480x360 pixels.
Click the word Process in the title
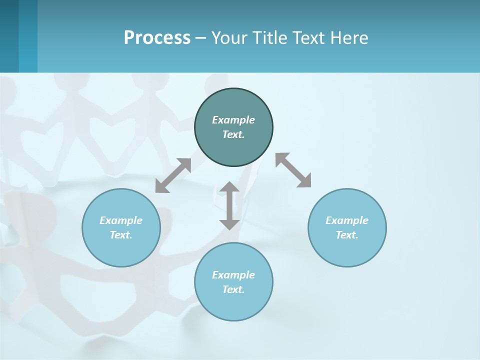click(x=157, y=38)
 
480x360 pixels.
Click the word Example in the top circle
click(x=233, y=120)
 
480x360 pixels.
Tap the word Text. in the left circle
click(x=121, y=235)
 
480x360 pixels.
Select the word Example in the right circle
click(x=347, y=220)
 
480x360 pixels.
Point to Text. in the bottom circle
click(x=233, y=289)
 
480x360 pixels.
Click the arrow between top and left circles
click(x=173, y=175)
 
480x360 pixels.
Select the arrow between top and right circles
click(x=293, y=170)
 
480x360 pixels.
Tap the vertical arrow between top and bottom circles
click(x=229, y=205)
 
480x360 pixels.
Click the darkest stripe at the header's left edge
click(x=9, y=36)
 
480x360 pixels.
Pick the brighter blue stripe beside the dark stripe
click(x=28, y=36)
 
